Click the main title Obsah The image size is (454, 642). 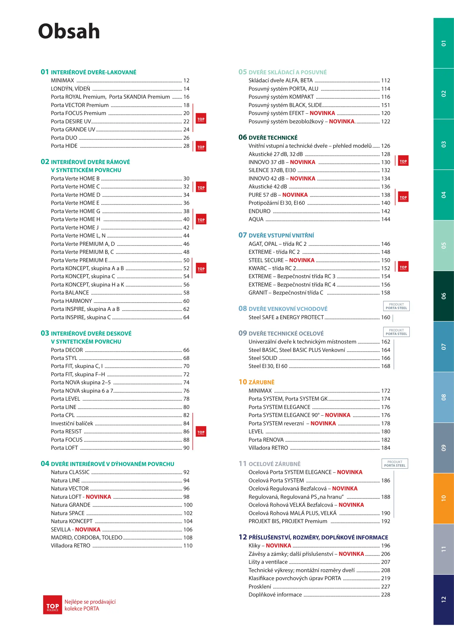[x=69, y=31]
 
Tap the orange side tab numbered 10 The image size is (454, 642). [x=443, y=498]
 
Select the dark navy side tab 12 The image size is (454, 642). [x=443, y=599]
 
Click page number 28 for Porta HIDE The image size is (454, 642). [x=186, y=146]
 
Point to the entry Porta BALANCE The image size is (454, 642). [x=70, y=293]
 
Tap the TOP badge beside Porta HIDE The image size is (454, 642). [x=201, y=147]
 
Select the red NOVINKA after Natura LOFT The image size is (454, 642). [x=98, y=497]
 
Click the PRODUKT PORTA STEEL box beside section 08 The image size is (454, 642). [x=396, y=306]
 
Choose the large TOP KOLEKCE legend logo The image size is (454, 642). [x=53, y=605]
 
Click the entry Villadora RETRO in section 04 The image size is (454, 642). [x=70, y=546]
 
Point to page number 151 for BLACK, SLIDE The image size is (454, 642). [x=386, y=105]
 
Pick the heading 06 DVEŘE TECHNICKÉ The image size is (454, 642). [x=268, y=138]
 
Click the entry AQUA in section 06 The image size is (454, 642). [x=256, y=219]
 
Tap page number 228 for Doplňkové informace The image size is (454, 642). [x=386, y=595]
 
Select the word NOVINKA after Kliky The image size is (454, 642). [x=278, y=546]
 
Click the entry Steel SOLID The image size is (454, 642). [x=263, y=358]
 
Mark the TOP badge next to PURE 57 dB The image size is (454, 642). [x=403, y=197]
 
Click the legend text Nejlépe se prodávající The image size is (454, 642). [x=90, y=602]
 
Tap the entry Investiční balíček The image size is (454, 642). [x=72, y=424]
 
